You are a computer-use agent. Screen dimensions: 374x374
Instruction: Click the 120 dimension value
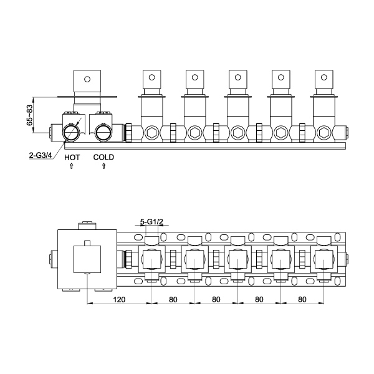119,299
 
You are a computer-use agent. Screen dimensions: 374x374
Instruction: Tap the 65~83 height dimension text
29,115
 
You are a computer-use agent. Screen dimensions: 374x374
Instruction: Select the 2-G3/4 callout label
41,155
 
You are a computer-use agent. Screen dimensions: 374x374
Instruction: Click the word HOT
72,158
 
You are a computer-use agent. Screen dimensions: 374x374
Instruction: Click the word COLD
103,157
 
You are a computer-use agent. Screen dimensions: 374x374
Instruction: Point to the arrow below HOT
71,166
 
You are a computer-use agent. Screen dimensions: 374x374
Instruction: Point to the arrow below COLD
103,166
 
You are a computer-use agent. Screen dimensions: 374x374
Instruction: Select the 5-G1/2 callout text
151,222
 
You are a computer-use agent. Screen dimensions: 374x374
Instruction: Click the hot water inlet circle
71,132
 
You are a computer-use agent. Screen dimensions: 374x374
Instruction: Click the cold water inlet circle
103,132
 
